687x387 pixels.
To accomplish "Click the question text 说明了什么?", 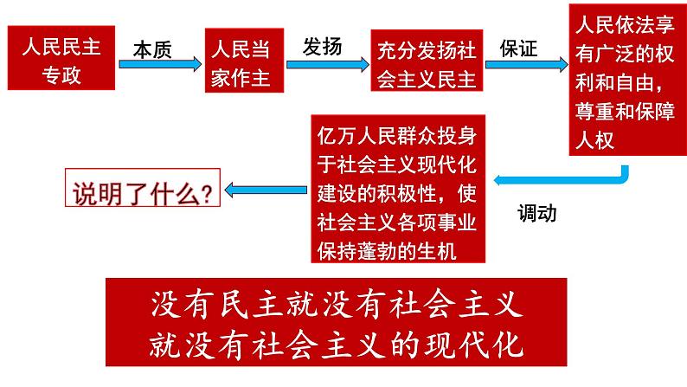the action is click(141, 190).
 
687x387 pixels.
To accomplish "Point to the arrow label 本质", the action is click(152, 50).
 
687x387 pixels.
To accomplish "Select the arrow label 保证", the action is click(518, 48).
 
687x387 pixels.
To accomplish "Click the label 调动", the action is click(536, 213).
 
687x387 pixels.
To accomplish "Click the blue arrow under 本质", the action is click(157, 66).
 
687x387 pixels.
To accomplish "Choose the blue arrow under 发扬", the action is click(325, 64).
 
